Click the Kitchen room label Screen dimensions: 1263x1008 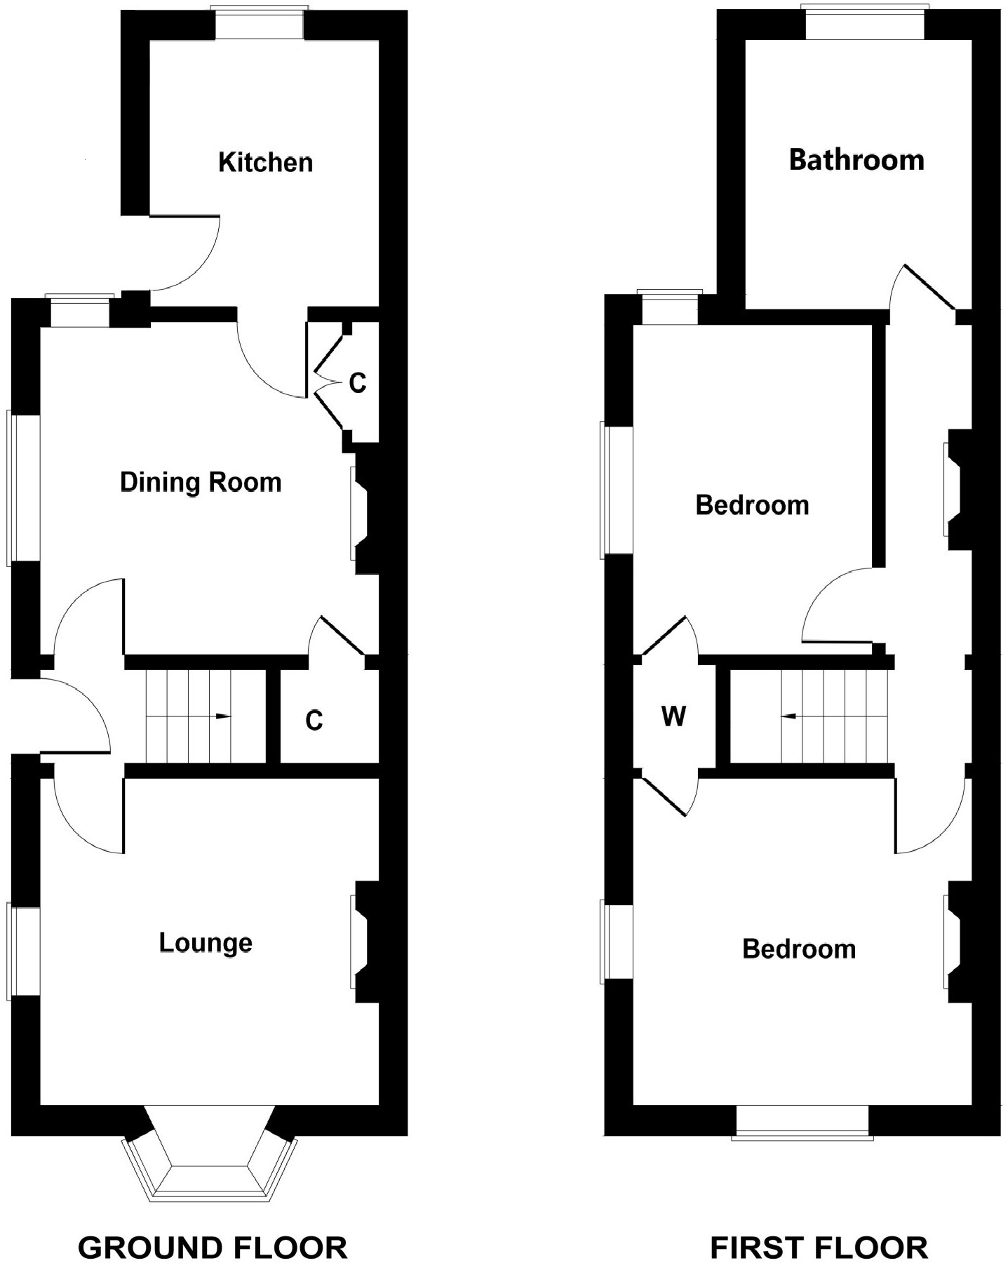(265, 162)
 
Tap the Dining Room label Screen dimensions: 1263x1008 (201, 483)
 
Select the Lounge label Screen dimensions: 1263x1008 (206, 942)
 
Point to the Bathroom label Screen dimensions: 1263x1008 (856, 160)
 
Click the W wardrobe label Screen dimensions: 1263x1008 (673, 717)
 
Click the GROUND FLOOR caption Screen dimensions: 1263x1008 (213, 1229)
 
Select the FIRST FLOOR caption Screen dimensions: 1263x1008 (819, 1229)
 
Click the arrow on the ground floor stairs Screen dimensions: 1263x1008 (222, 716)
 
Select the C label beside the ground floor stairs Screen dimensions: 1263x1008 (314, 721)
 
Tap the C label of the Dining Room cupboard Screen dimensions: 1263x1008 (358, 383)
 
